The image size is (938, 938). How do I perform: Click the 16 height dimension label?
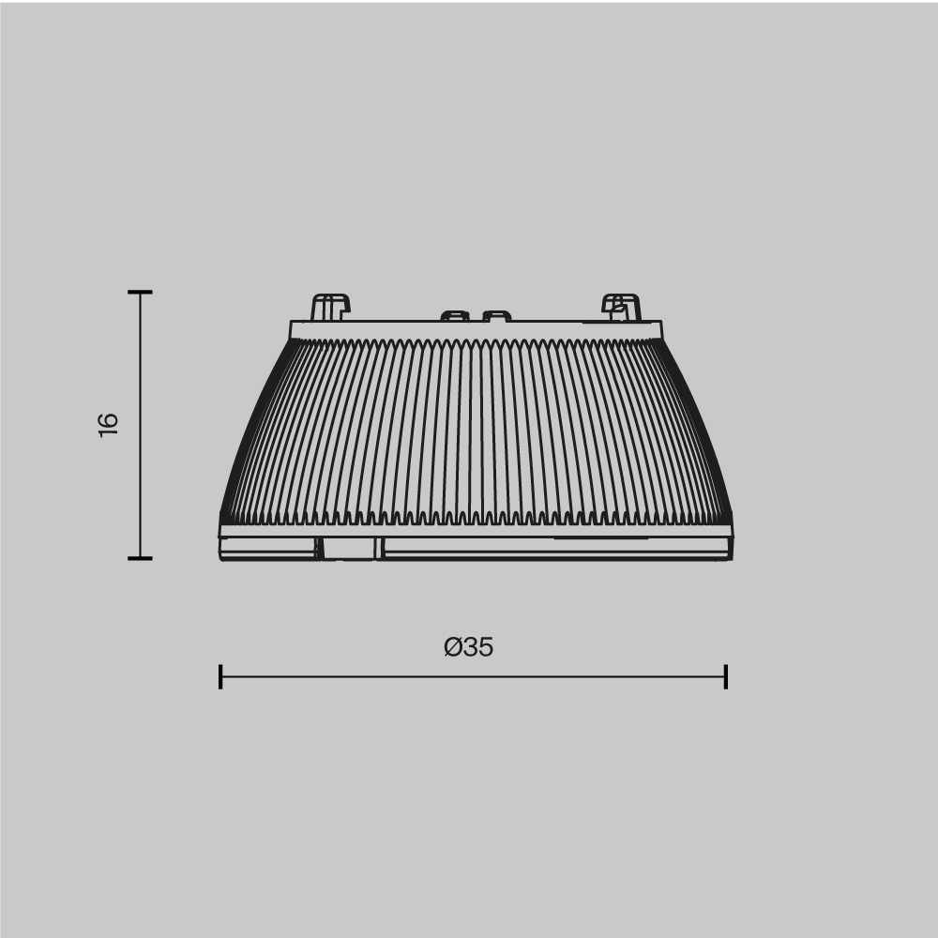(x=109, y=423)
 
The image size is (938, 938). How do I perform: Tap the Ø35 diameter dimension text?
(x=469, y=647)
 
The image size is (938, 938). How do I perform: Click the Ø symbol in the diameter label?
(x=452, y=647)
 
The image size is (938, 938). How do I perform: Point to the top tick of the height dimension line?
(x=140, y=293)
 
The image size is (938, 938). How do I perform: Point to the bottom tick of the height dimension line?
(x=140, y=558)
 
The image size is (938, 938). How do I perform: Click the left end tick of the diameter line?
(x=220, y=676)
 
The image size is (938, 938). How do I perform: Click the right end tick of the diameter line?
(x=726, y=676)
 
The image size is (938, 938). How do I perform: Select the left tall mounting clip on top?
(x=329, y=307)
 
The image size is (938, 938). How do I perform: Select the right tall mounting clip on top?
(x=621, y=307)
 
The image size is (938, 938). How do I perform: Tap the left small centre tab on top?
(x=455, y=315)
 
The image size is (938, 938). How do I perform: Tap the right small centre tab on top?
(x=496, y=315)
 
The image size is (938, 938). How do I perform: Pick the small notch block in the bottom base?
(x=350, y=549)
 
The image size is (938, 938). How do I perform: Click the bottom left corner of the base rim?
(x=221, y=558)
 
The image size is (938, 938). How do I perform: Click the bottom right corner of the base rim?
(x=731, y=558)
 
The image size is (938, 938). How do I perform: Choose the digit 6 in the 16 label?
(x=109, y=416)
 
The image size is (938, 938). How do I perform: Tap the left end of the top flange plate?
(x=293, y=329)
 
